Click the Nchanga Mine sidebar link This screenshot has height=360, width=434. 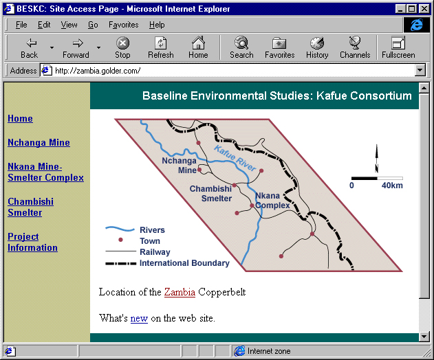(39, 142)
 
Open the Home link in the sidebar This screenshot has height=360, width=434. (20, 118)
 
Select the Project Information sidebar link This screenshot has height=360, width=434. (32, 242)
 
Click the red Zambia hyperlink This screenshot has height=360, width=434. (180, 292)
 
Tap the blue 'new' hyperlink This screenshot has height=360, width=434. (139, 318)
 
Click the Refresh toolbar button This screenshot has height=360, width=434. (161, 47)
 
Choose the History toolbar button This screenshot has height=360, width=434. (317, 47)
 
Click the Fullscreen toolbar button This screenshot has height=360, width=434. (398, 47)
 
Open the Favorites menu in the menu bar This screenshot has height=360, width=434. (123, 25)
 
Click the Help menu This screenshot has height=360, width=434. (157, 25)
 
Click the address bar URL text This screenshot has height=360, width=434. (98, 71)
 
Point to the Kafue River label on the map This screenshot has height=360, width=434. (235, 158)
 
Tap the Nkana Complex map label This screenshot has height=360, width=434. (272, 201)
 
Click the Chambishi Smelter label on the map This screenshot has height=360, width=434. (211, 194)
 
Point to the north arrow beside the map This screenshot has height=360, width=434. (376, 159)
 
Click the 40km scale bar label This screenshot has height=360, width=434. (392, 185)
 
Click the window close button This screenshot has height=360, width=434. (424, 9)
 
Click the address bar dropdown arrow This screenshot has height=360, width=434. (420, 71)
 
